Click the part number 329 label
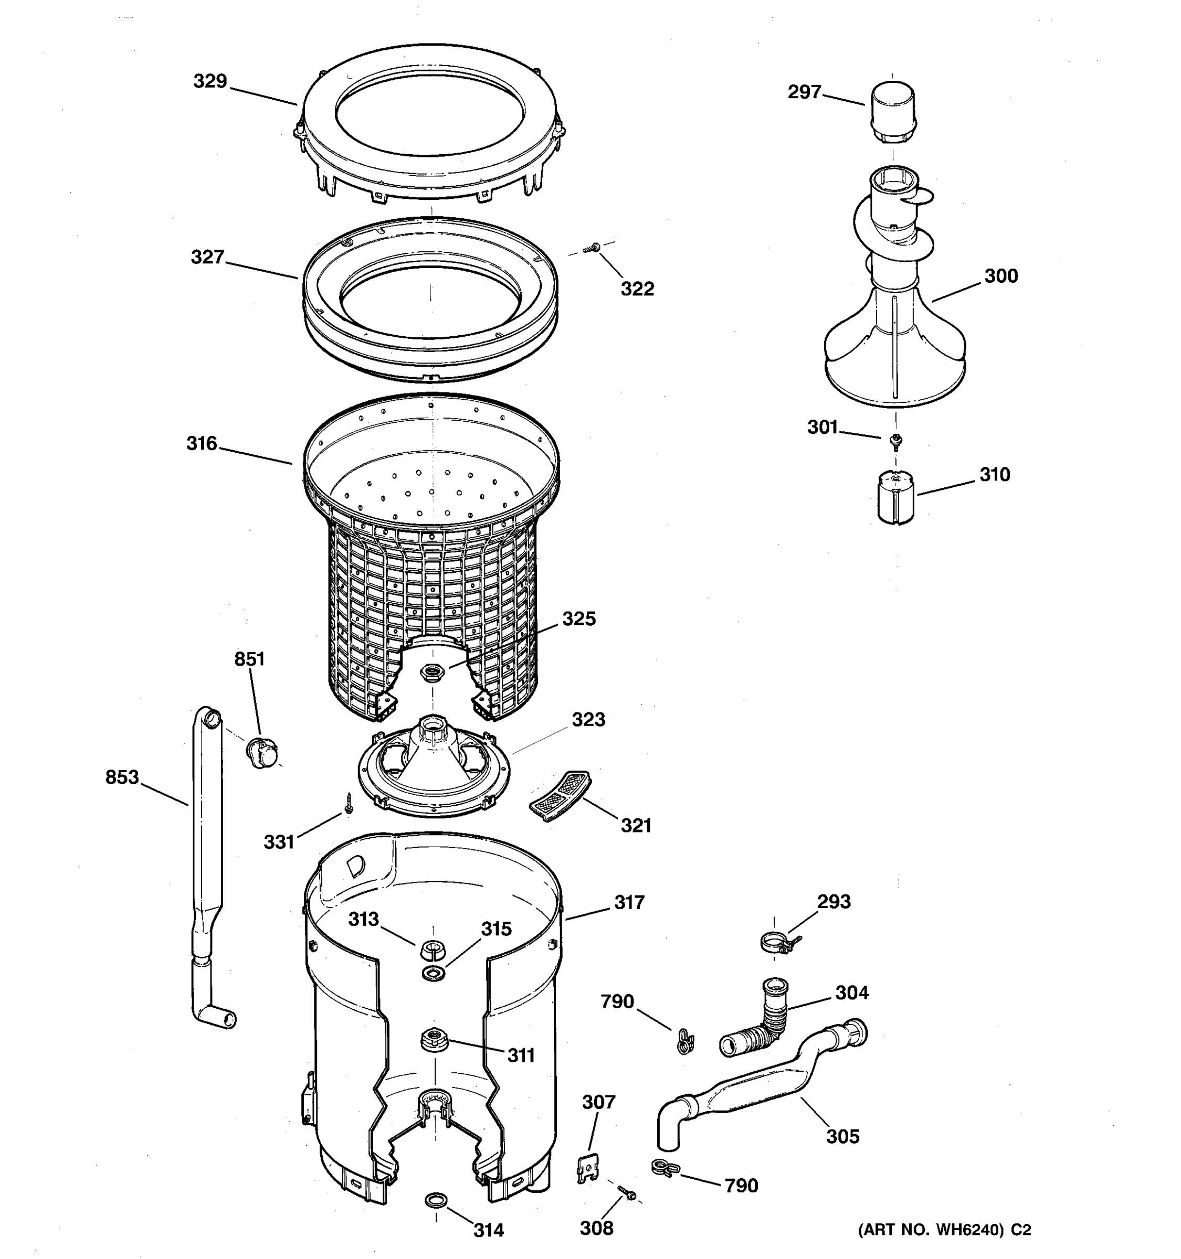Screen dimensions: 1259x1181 [x=210, y=81]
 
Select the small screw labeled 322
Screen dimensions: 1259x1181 [x=594, y=248]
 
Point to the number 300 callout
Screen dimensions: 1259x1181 [x=1000, y=275]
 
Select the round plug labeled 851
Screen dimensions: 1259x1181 [x=260, y=752]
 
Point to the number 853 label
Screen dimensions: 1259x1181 [x=122, y=776]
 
